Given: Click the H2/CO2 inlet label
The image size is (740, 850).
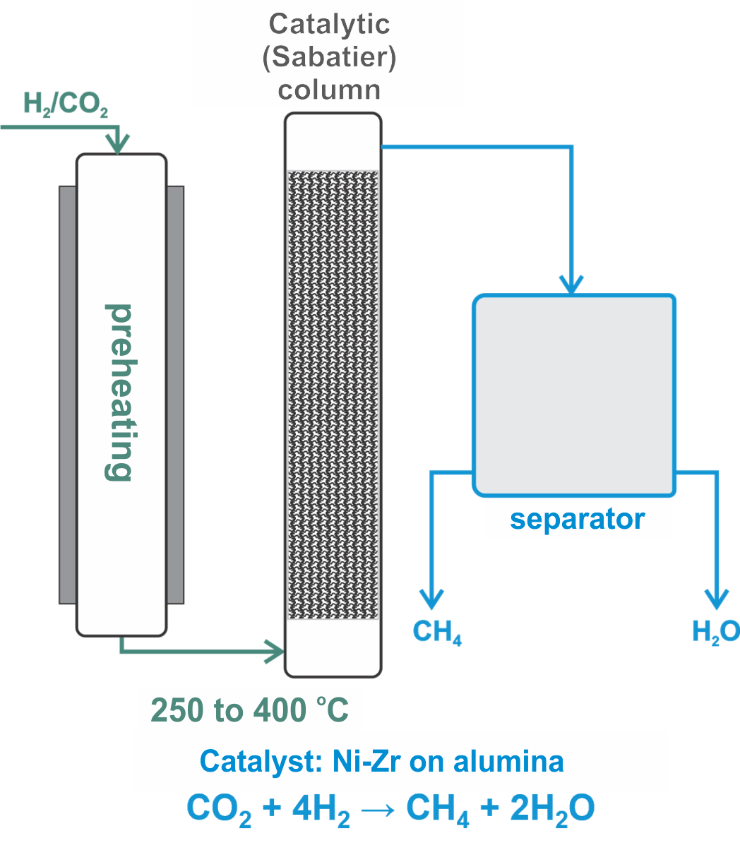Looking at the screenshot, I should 66,104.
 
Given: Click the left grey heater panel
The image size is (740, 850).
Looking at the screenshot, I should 67,394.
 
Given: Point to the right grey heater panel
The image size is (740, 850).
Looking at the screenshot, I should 176,394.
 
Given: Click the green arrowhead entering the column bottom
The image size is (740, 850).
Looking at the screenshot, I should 275,649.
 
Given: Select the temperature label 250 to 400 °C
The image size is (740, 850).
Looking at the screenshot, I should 250,710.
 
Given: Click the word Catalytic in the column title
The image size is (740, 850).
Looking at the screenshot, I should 329,25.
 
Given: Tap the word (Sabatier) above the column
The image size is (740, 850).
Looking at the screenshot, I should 329,57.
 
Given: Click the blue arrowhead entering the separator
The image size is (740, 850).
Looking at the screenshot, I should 571,284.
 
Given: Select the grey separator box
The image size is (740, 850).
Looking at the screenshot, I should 574,394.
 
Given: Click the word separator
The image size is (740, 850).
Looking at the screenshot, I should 577,520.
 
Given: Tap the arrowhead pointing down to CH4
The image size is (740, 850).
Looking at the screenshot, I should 431,599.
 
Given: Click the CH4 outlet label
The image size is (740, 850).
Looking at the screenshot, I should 437,632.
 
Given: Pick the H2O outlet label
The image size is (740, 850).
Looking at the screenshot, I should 715,631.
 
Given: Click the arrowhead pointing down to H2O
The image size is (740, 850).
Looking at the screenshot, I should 717,599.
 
